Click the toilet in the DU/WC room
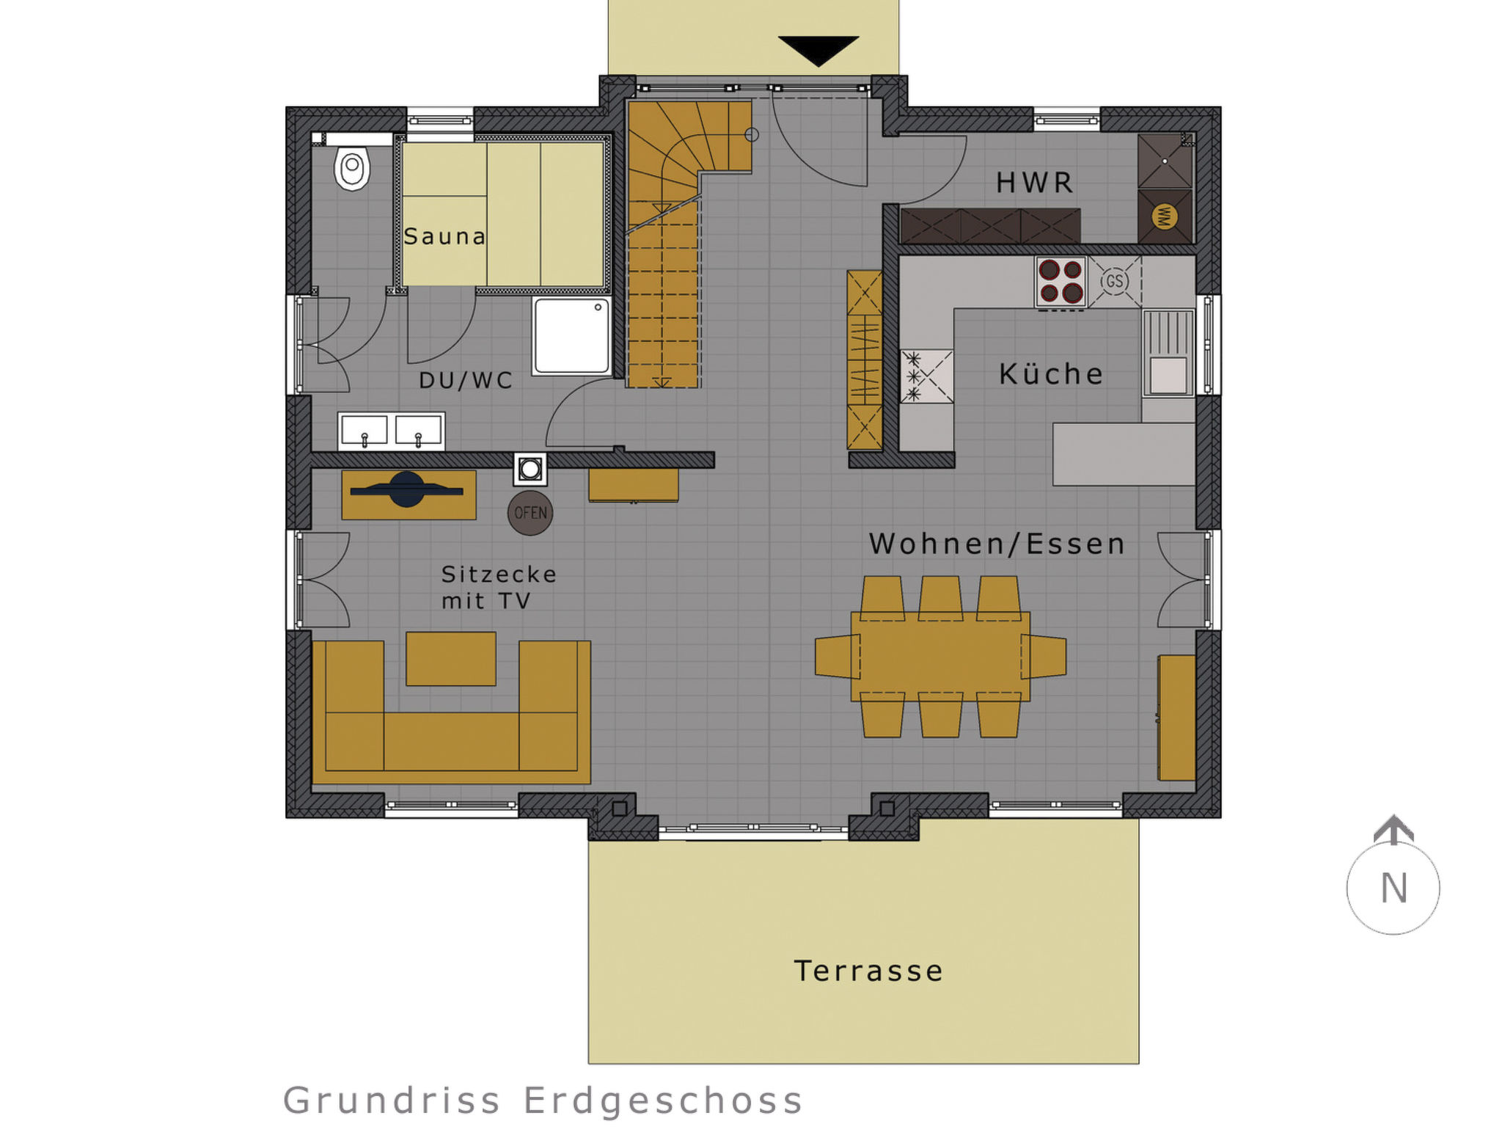click(352, 168)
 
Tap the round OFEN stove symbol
click(530, 513)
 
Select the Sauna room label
click(444, 236)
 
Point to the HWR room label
click(1035, 183)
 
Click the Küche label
click(1051, 374)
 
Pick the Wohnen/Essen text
click(997, 544)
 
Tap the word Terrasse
click(869, 971)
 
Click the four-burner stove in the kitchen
click(1060, 282)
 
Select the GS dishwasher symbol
click(1114, 281)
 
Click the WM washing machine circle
click(1165, 216)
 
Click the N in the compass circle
click(1393, 889)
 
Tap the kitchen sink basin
click(1168, 375)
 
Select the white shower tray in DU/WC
click(571, 336)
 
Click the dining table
click(940, 657)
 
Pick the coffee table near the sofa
click(451, 659)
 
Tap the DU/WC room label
click(466, 380)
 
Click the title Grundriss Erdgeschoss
click(543, 1101)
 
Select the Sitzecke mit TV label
click(499, 588)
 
